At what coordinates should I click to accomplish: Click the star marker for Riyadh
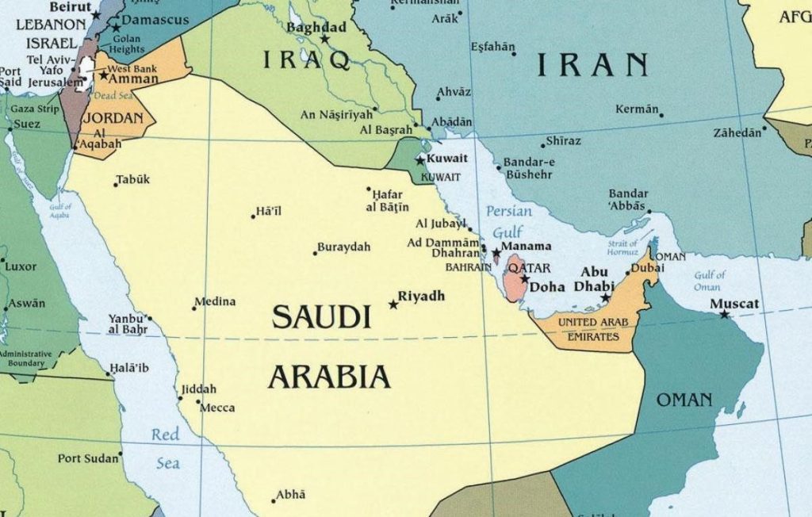(x=393, y=304)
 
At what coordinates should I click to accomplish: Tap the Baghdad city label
(x=316, y=28)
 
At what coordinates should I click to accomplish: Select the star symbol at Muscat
(x=724, y=315)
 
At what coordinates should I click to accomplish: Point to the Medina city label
(x=215, y=301)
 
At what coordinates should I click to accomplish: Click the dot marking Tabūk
(x=116, y=185)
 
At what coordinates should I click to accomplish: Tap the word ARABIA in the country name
(x=329, y=377)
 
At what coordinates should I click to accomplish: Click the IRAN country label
(x=593, y=65)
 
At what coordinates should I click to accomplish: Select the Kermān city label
(x=637, y=109)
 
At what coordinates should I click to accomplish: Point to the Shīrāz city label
(x=563, y=141)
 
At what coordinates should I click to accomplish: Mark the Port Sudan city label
(x=87, y=458)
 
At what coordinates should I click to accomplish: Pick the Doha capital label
(x=547, y=287)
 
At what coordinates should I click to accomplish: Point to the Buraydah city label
(x=343, y=247)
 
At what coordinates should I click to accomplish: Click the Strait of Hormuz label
(x=622, y=247)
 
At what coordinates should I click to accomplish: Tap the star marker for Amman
(x=103, y=76)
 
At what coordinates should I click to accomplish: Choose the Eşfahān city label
(x=492, y=48)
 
